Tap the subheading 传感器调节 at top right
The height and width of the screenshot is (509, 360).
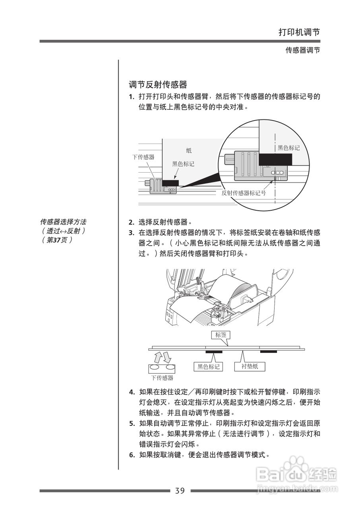coord(303,51)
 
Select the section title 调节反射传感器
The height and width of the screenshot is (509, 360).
coord(158,85)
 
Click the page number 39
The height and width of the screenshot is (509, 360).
coord(180,491)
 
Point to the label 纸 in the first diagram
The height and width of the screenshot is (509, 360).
coord(189,150)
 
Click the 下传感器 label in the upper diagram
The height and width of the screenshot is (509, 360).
coord(143,157)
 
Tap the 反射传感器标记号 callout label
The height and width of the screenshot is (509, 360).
coord(244,193)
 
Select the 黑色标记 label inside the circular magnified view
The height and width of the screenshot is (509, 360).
coord(288,148)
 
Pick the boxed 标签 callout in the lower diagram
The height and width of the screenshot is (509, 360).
coord(221,335)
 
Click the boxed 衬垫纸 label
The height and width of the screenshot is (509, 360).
coord(250,366)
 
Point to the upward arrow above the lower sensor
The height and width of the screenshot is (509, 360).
coord(157,356)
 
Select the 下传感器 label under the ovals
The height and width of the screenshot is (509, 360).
coord(162,378)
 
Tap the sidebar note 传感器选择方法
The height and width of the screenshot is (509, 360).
coord(63,221)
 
